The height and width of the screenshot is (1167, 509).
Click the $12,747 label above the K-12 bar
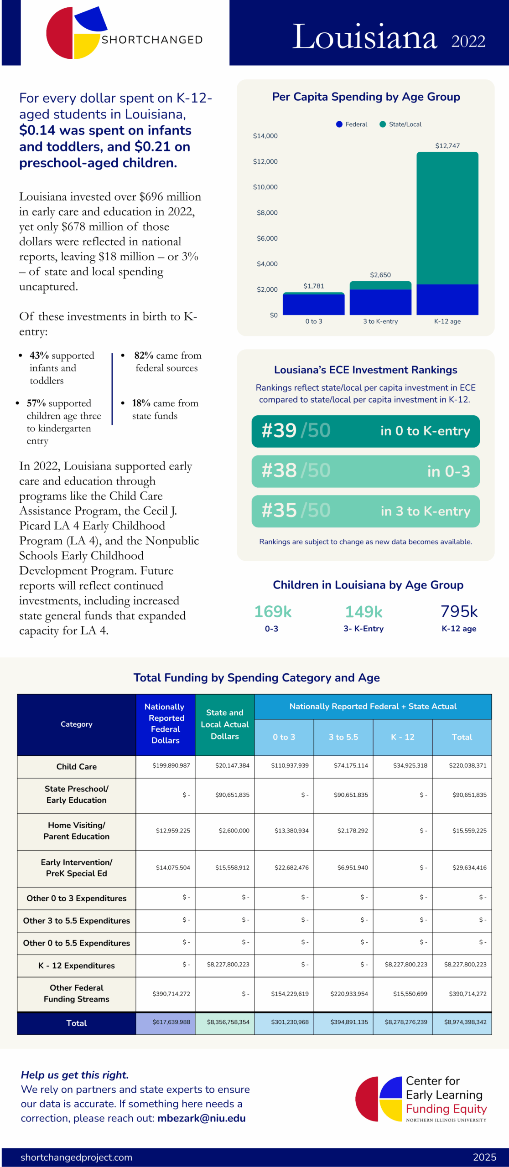447,146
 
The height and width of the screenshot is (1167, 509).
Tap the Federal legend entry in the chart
352,124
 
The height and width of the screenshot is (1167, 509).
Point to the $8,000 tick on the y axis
267,213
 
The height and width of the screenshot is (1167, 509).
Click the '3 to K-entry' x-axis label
380,321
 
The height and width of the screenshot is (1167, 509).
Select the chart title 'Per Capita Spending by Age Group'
366,97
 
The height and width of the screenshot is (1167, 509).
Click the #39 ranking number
279,431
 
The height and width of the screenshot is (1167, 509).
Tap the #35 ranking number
279,511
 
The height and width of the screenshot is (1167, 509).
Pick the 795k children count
459,611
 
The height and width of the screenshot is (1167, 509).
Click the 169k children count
273,611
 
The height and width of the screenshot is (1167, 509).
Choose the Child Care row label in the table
77,767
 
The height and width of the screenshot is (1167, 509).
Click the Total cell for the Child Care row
467,766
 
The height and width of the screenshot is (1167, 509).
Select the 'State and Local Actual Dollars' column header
225,724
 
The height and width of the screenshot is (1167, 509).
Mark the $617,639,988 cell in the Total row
171,1022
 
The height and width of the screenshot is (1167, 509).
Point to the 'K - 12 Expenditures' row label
77,966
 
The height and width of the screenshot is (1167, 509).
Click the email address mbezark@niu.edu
202,1118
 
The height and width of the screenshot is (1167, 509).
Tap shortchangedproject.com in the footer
76,1157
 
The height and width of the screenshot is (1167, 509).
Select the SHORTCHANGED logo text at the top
152,40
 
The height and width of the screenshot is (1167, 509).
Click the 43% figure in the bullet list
39,356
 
